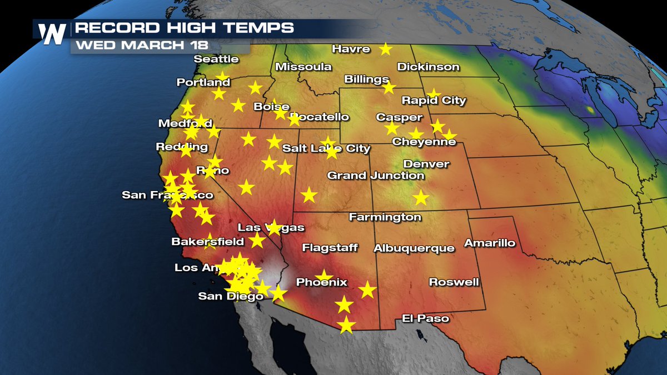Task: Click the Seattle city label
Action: (x=216, y=59)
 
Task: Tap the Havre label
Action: (x=351, y=49)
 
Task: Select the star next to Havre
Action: (x=385, y=49)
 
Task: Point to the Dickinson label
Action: (x=428, y=67)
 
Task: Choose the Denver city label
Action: (x=426, y=164)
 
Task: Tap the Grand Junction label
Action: (x=375, y=176)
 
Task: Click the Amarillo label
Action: (x=490, y=243)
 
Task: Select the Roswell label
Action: (x=454, y=282)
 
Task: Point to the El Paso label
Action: (x=425, y=319)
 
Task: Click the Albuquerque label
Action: (x=414, y=248)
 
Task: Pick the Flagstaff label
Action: (x=330, y=248)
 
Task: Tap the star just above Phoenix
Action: (x=323, y=275)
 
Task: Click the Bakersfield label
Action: (x=207, y=242)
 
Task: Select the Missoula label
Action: (x=303, y=67)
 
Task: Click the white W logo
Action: (x=53, y=34)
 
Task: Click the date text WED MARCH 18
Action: (x=137, y=46)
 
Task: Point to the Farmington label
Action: (x=385, y=217)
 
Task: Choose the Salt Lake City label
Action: (x=326, y=148)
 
